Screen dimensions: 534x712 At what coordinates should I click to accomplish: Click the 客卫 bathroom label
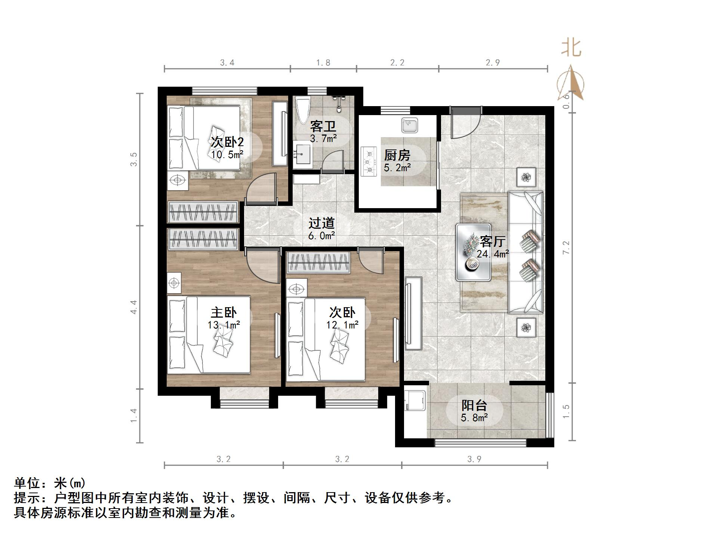(323, 126)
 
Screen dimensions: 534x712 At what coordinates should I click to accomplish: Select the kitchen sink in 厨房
(410, 125)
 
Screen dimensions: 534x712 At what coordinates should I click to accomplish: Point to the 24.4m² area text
(492, 254)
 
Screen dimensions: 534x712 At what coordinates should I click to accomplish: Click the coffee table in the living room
(473, 253)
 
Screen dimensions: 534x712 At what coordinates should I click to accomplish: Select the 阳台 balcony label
(474, 405)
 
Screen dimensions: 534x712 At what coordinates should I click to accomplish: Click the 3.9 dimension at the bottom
(474, 459)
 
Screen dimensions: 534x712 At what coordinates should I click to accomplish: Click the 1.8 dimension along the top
(323, 63)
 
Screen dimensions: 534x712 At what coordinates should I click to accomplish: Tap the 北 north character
(571, 49)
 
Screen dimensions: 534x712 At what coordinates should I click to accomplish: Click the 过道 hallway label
(321, 223)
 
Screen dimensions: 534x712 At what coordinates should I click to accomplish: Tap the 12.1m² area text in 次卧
(342, 325)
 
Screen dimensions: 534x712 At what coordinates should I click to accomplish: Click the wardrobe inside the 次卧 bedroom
(318, 262)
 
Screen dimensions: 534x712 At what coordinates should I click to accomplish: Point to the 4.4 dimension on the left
(134, 307)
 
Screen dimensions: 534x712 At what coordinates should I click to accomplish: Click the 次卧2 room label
(227, 142)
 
